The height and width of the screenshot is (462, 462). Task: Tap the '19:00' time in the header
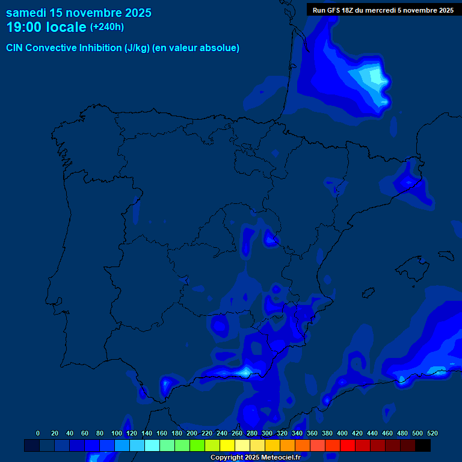click(x=25, y=27)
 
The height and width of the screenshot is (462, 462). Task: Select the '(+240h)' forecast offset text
click(x=106, y=27)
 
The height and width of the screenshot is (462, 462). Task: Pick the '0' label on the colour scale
click(x=38, y=433)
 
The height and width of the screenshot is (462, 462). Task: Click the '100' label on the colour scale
click(x=117, y=433)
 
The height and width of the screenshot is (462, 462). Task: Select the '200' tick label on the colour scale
click(x=192, y=433)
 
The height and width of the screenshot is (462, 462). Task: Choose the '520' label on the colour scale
click(x=432, y=433)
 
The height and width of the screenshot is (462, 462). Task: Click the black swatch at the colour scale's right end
click(x=423, y=445)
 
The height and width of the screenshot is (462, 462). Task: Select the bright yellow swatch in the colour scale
click(x=227, y=445)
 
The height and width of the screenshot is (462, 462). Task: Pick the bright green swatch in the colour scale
click(x=197, y=445)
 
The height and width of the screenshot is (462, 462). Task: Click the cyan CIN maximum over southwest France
click(x=376, y=77)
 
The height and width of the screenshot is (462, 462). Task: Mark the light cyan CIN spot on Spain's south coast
click(x=245, y=372)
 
